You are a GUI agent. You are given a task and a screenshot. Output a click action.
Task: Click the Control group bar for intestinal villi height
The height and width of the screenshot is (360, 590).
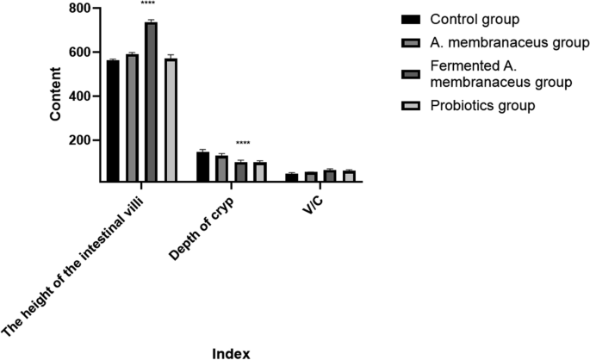coord(113,121)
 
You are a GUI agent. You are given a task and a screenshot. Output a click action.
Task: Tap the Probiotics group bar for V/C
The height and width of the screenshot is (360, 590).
coord(348,176)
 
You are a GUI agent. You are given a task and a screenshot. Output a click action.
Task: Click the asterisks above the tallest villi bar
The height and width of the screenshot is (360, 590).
coord(151,13)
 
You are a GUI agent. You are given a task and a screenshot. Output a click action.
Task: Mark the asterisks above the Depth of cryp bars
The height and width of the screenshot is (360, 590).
coord(242,144)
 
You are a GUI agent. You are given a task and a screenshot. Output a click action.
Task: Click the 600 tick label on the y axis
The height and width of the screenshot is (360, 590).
coord(78,53)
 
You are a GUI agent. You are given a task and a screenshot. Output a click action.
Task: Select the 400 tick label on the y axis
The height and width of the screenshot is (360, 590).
coord(78,96)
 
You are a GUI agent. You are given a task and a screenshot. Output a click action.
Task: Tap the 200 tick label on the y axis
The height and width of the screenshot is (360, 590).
coord(78,140)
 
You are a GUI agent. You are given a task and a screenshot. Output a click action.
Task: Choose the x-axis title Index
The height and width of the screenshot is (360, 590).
coord(231,351)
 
